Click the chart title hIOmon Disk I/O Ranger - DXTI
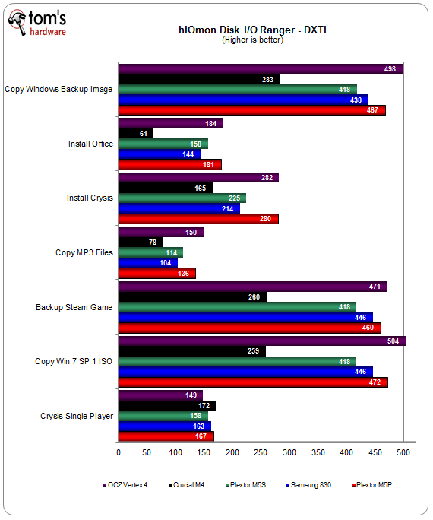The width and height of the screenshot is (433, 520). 252,30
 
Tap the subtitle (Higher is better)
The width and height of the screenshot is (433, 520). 252,40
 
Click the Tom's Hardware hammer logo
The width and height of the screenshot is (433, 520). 17,22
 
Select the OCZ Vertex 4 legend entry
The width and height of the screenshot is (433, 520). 125,485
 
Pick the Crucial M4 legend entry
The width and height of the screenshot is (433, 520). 186,485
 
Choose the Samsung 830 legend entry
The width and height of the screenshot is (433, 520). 308,485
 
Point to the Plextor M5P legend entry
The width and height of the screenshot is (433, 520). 371,485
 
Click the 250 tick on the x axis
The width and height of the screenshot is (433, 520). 261,452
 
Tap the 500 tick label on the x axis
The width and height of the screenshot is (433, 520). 403,452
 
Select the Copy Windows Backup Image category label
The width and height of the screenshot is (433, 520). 58,89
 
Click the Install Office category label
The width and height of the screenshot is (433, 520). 90,144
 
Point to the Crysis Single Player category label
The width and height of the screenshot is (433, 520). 77,416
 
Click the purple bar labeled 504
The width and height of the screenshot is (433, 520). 262,341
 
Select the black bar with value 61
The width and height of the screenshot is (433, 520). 136,133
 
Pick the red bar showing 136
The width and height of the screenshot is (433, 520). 157,273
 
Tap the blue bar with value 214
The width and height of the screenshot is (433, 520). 179,208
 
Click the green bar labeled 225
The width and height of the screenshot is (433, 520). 182,198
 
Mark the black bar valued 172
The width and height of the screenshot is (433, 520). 167,405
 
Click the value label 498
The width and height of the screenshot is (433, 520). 390,69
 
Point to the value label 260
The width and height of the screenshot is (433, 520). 254,296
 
